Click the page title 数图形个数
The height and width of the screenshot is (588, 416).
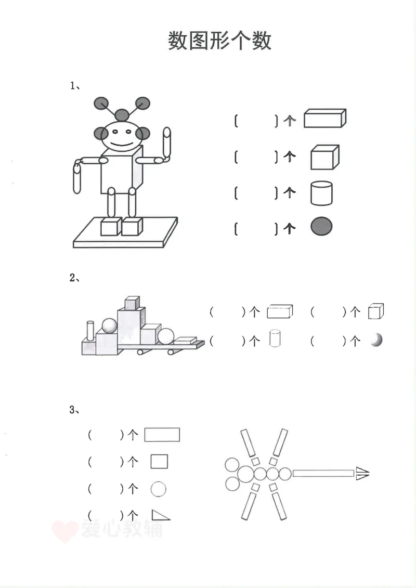[219, 41]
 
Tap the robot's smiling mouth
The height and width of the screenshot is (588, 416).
[121, 142]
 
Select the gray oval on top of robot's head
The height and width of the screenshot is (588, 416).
[122, 114]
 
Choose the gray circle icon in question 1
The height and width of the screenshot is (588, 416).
[321, 227]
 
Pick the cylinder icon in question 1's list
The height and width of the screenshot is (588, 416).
[321, 193]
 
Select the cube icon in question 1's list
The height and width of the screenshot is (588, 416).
[324, 157]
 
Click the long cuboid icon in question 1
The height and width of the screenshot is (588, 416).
[324, 119]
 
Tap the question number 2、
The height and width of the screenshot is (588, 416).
[75, 278]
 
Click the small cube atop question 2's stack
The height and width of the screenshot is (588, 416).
[132, 303]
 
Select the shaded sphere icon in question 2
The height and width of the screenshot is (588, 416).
[376, 341]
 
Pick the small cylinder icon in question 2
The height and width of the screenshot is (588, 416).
[275, 338]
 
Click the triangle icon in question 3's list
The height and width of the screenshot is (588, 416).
[160, 515]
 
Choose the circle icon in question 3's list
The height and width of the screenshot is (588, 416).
[158, 489]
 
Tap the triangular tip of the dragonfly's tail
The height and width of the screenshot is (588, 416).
[362, 473]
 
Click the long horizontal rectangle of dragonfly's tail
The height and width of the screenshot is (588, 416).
[323, 473]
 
